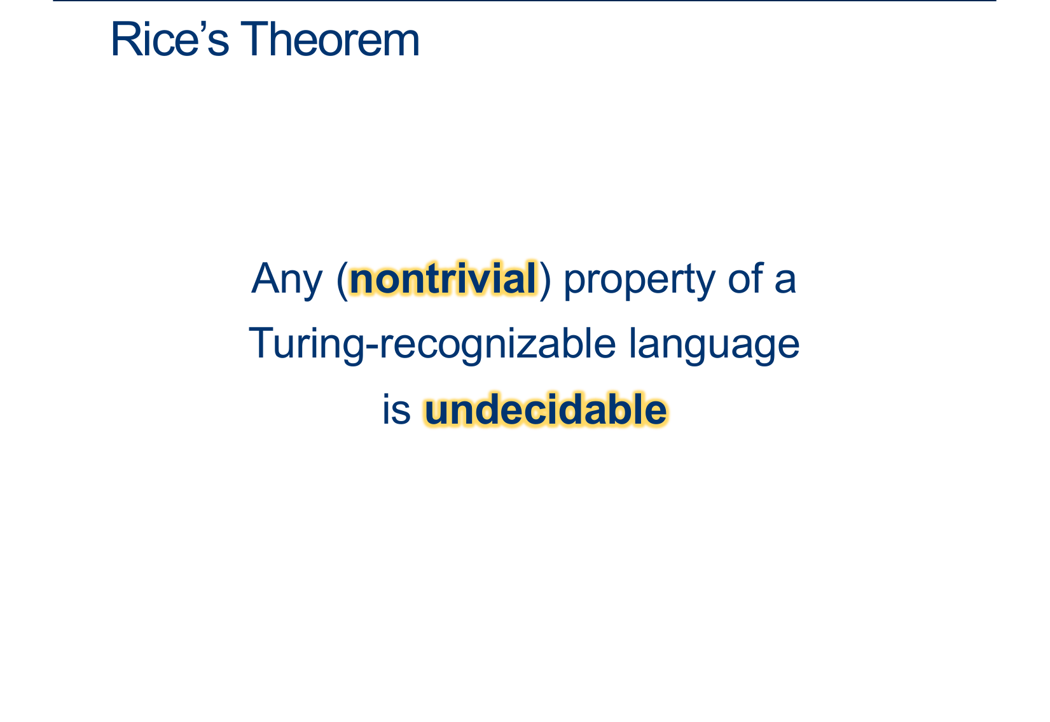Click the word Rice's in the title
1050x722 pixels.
[x=170, y=39]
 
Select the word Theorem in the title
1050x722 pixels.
[x=330, y=39]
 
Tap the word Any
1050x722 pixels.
[x=287, y=280]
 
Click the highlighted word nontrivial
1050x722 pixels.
[x=443, y=279]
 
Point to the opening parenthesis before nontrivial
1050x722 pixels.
[x=342, y=281]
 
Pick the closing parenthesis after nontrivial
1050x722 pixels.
[x=545, y=281]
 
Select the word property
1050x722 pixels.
[x=639, y=281]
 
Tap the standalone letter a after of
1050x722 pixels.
[x=785, y=282]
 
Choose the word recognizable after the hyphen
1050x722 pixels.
[x=497, y=345]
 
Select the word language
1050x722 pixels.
[x=714, y=346]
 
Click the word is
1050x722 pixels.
[x=397, y=410]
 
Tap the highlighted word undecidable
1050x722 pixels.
[x=545, y=409]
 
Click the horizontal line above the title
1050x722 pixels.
[x=525, y=1]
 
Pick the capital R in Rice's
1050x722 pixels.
[x=125, y=39]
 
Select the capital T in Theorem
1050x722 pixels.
[x=255, y=39]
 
